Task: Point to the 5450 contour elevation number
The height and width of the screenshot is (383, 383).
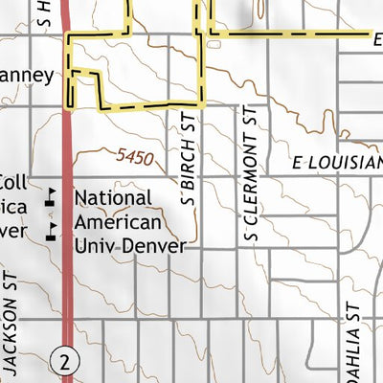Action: (x=136, y=156)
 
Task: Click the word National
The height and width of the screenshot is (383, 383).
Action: (x=113, y=197)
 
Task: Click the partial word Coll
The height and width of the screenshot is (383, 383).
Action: (x=13, y=182)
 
